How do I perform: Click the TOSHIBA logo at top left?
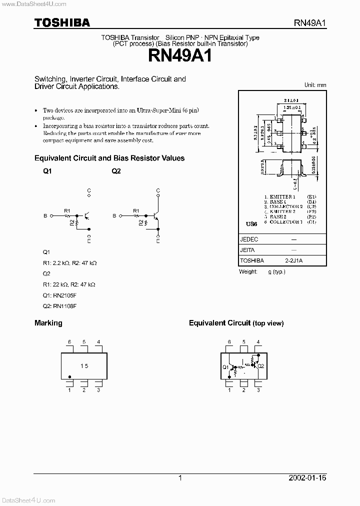pos(62,22)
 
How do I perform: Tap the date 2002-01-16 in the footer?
pos(307,478)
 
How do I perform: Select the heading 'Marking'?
pos(48,323)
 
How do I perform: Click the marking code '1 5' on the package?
pos(84,366)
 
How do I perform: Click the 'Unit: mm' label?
pos(315,85)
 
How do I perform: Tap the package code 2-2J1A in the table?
pos(293,260)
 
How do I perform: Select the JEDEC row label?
pos(249,239)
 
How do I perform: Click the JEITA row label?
pos(248,250)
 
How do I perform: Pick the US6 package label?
pos(250,224)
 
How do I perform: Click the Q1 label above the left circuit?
pos(47,171)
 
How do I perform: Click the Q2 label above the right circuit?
pos(116,171)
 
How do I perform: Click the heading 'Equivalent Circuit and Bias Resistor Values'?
pos(109,158)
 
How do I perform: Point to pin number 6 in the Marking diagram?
pos(69,342)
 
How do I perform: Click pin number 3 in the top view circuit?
pos(258,390)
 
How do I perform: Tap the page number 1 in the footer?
pos(180,478)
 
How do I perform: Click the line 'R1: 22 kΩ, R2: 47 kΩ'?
pos(69,284)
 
